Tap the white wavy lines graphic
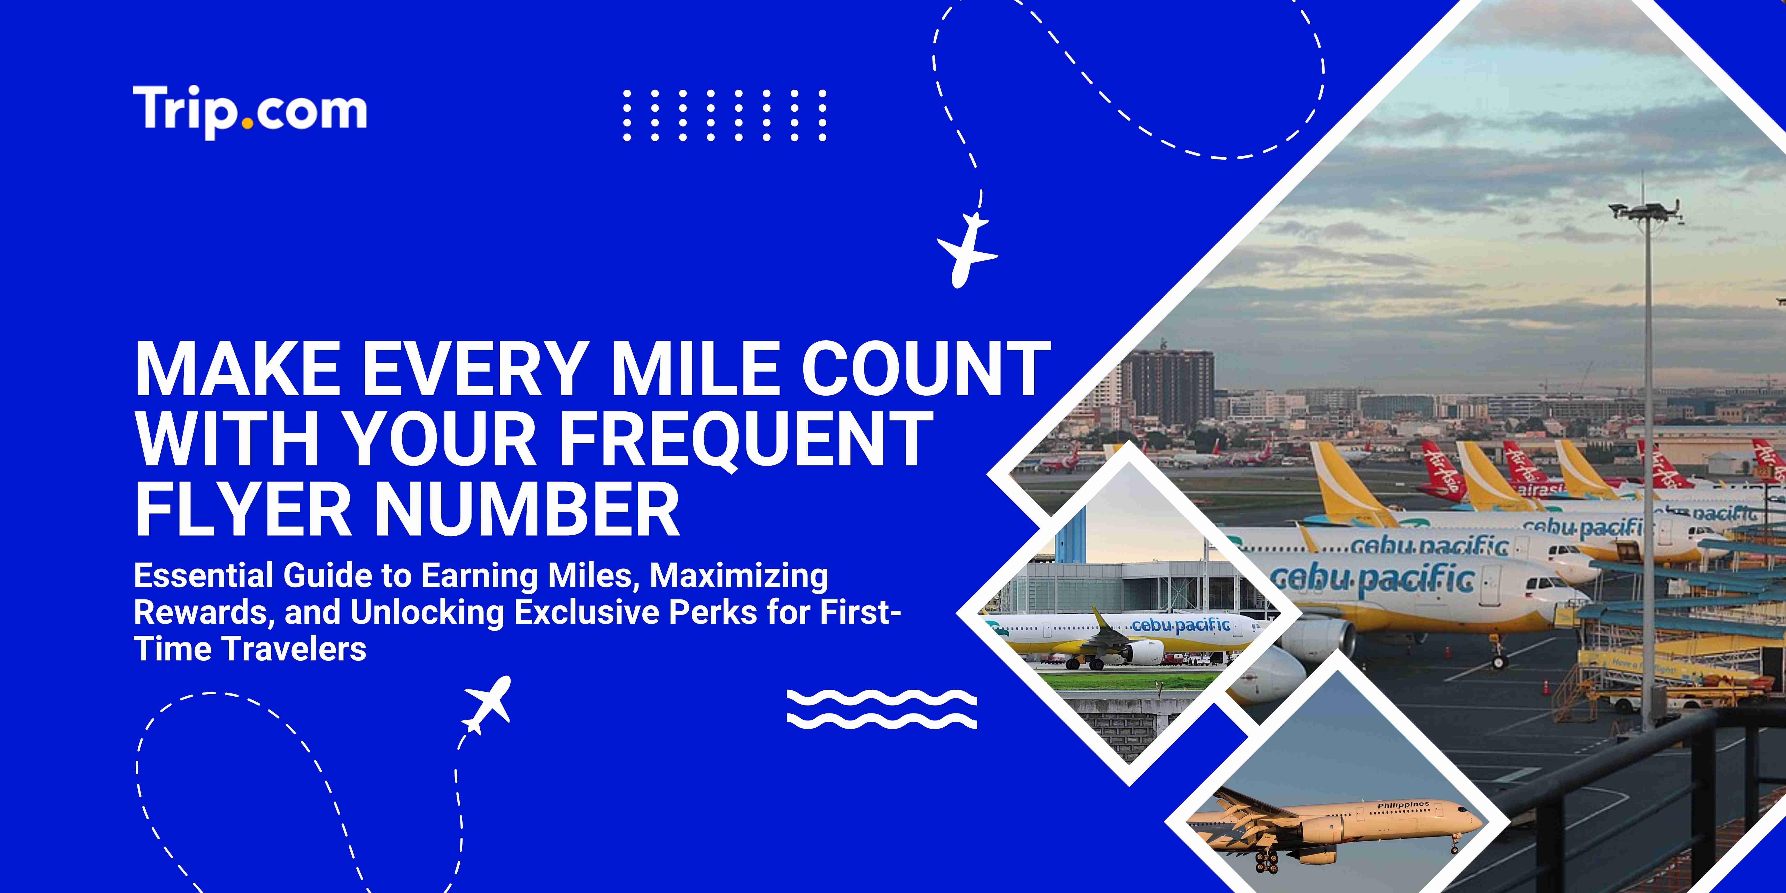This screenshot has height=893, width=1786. [x=882, y=709]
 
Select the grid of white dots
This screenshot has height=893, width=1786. [x=725, y=115]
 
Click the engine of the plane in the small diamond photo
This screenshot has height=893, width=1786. [x=1144, y=652]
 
